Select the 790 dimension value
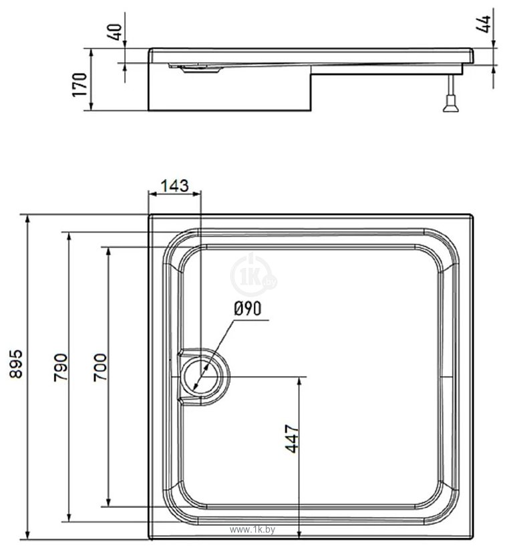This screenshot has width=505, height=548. point(59,366)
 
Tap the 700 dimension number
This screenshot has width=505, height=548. point(99,366)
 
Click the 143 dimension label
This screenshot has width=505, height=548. point(174,186)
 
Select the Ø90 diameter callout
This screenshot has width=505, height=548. point(247,308)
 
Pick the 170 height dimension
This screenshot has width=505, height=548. point(80,86)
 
